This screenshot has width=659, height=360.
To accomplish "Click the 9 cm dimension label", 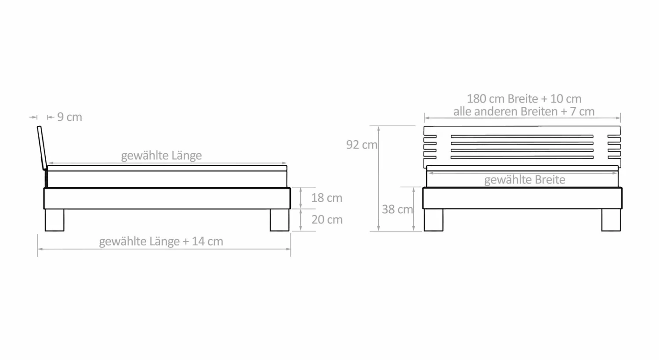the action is point(69,117).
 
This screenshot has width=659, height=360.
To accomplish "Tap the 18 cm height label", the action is point(326,198).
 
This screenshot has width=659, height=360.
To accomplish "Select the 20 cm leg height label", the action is point(327,220).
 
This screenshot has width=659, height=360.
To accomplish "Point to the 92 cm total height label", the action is point(362,145).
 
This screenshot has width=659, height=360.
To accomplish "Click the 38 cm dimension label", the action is point(397,209).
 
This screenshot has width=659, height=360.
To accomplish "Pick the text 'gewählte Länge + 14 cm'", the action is point(161,241).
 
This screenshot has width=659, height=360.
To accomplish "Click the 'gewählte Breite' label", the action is point(525,179).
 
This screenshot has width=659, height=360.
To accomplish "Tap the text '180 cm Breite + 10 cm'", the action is point(524,98).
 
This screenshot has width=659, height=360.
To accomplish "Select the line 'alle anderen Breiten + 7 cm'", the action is point(524,112).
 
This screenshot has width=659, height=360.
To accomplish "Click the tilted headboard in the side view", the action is point(42,148).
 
